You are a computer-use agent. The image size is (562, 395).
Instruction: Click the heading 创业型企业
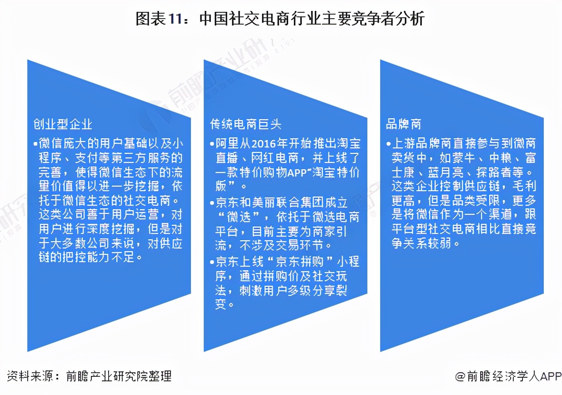tap(63, 124)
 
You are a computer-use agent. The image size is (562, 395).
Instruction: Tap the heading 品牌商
tap(403, 124)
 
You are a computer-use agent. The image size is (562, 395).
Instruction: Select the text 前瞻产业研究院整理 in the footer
tap(119, 376)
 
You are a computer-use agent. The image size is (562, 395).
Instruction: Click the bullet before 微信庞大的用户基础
tap(35, 144)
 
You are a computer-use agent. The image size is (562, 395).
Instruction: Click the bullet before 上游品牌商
tap(388, 144)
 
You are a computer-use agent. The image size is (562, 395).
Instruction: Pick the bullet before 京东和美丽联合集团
tap(212, 203)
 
